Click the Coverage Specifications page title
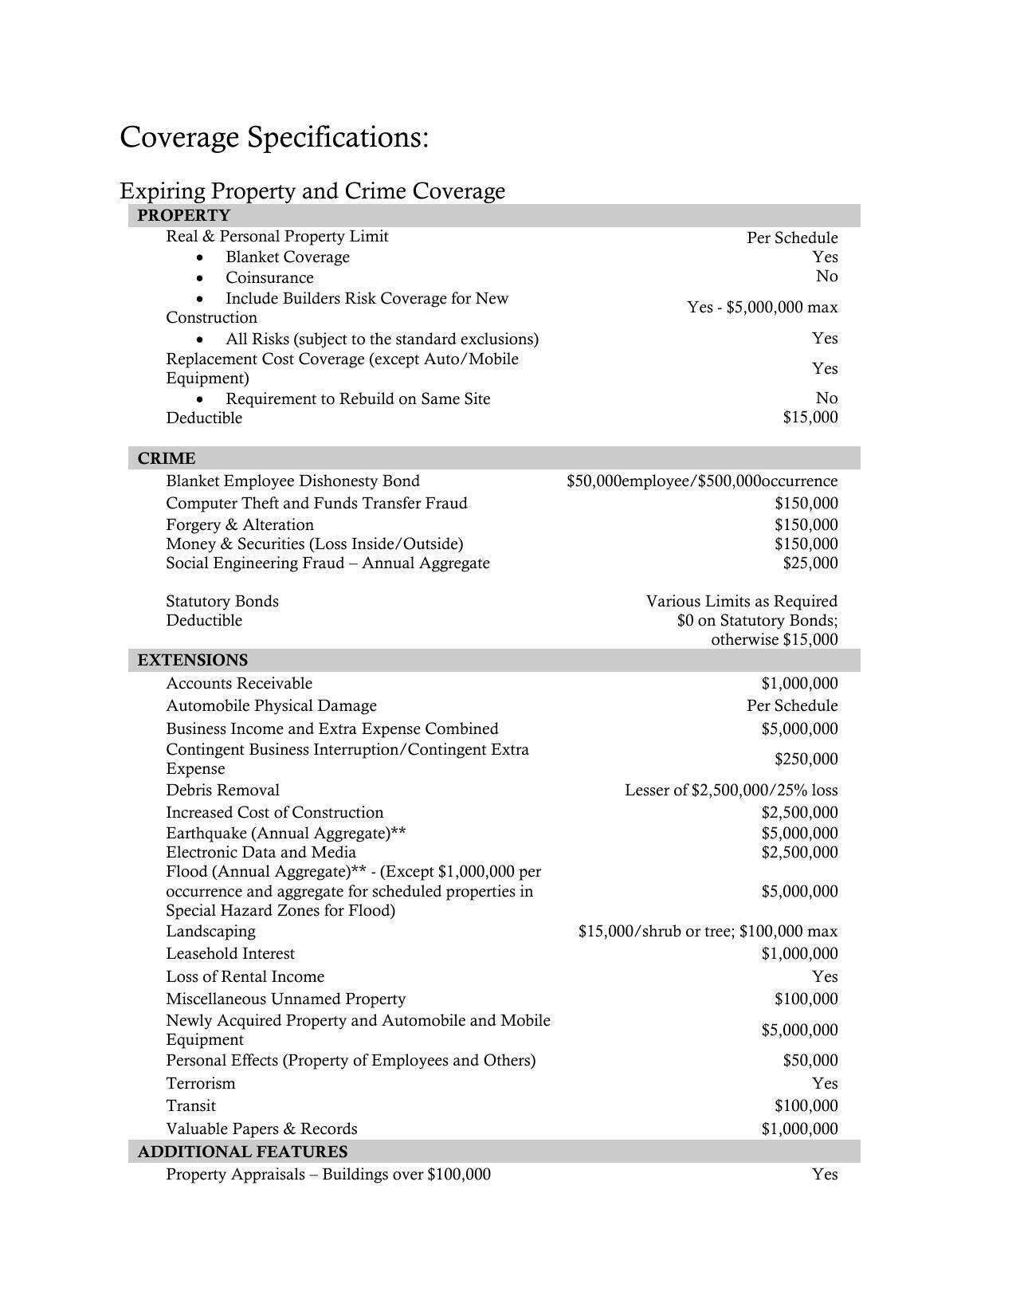[x=274, y=137]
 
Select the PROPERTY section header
[x=183, y=215]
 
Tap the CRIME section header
[x=166, y=458]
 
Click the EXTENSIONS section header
[x=192, y=660]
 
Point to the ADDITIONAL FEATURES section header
[x=242, y=1152]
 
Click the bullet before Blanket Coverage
[x=199, y=257]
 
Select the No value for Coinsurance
[x=826, y=276]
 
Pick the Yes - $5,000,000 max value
[x=762, y=307]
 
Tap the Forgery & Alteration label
[x=240, y=524]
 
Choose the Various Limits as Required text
[x=741, y=601]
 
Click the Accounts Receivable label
[x=239, y=683]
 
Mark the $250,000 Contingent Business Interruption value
[x=806, y=759]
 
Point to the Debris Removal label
[x=222, y=790]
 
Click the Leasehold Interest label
[x=230, y=953]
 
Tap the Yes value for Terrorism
[x=825, y=1083]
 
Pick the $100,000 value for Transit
[x=806, y=1105]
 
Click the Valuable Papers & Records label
[x=261, y=1129]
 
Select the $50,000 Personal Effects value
[x=810, y=1060]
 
